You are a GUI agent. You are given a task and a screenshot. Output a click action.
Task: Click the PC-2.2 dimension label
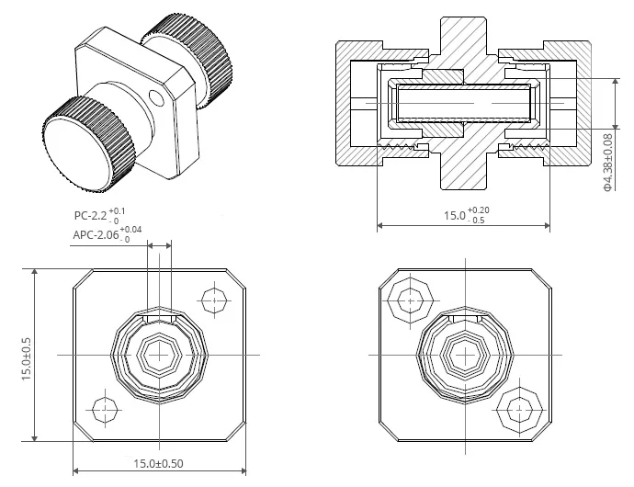[99, 216]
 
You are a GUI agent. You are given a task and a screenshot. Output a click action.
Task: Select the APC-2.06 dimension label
[108, 234]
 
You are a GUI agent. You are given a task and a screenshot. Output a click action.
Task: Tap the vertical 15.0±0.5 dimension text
[27, 358]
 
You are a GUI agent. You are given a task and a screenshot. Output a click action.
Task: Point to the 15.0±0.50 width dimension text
[158, 463]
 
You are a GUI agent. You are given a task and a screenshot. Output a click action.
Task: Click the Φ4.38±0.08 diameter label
[607, 163]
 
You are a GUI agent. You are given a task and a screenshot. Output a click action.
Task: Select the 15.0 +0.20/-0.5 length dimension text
[467, 215]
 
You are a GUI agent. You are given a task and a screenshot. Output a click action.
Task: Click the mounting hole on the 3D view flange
[156, 97]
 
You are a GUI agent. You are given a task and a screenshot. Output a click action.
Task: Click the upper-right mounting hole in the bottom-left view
[214, 300]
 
